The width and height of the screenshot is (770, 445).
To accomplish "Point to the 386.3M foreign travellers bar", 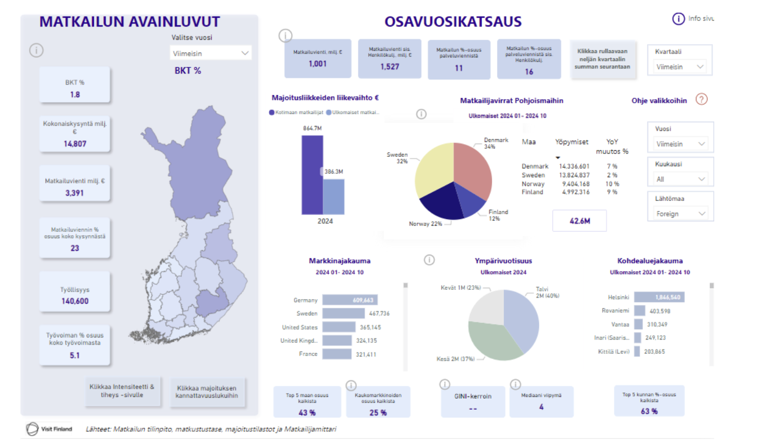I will tap(334, 197).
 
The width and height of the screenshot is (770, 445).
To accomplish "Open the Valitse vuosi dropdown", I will tap(210, 53).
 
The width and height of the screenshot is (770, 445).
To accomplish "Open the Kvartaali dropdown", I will tap(679, 67).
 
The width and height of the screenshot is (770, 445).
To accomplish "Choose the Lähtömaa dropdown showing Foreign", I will tap(680, 214).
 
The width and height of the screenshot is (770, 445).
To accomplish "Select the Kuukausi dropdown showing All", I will tap(680, 179).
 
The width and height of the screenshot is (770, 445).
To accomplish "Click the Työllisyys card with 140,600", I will tap(75, 296).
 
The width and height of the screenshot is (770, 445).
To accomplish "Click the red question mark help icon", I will tap(702, 99).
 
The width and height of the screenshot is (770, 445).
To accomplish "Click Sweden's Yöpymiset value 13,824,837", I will tap(574, 175).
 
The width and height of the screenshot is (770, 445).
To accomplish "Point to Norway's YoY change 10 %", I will tap(612, 184).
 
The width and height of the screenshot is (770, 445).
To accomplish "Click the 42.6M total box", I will tap(579, 221).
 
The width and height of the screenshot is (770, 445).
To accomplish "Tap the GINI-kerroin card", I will tap(473, 401).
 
